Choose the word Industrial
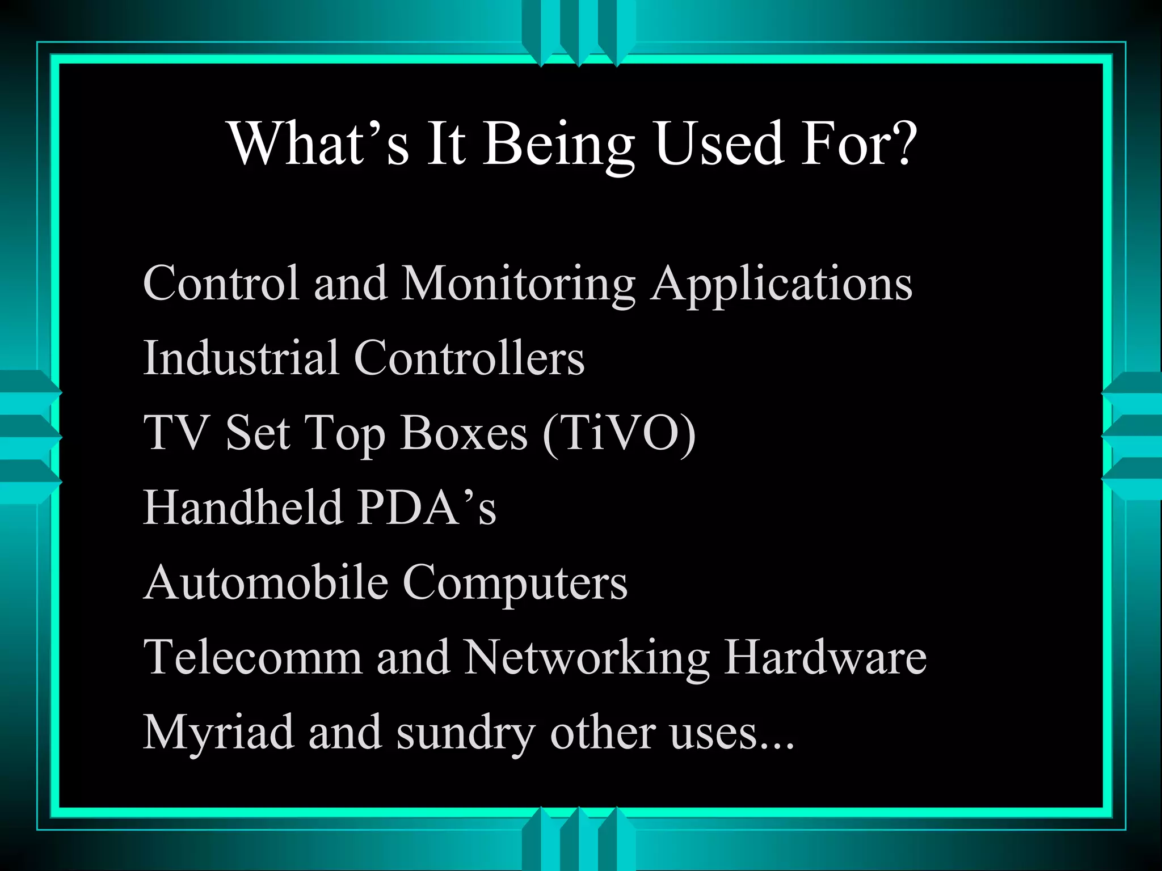pyautogui.click(x=241, y=358)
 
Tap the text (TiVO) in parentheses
pyautogui.click(x=618, y=433)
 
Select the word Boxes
pyautogui.click(x=464, y=433)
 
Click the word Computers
pyautogui.click(x=515, y=584)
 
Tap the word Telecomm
pyautogui.click(x=252, y=657)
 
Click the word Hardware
pyautogui.click(x=825, y=657)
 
